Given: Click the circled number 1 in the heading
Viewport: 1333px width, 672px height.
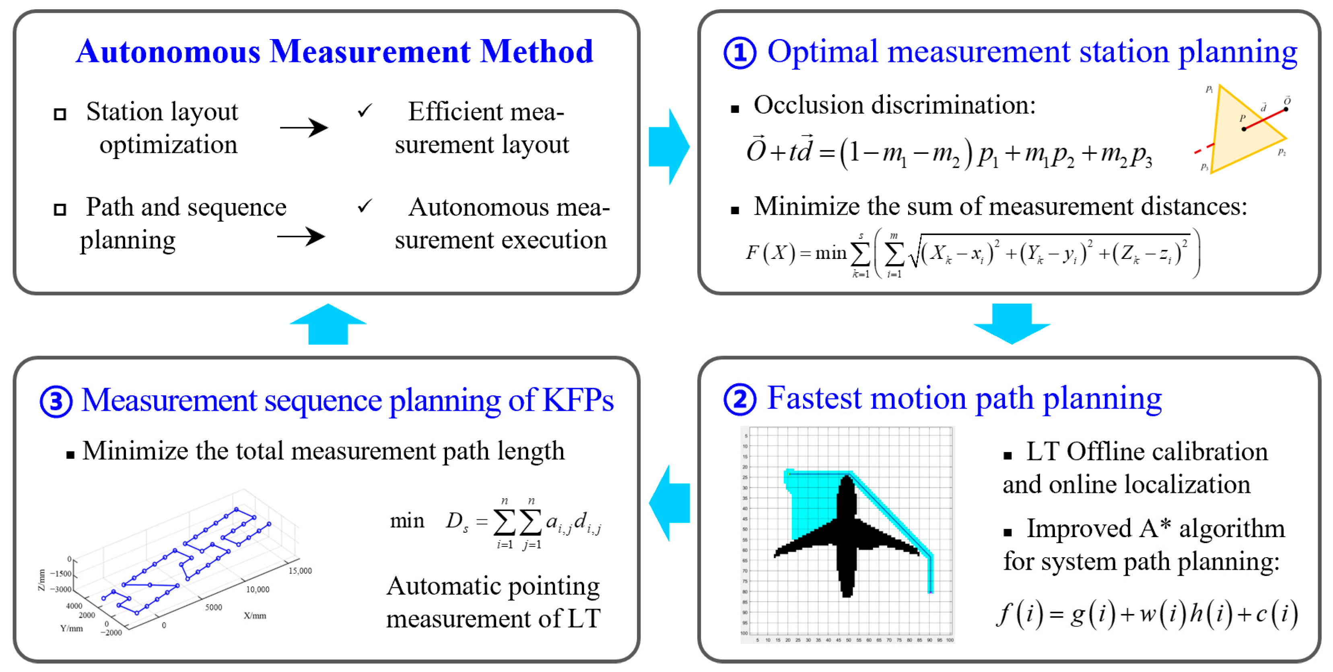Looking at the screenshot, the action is click(740, 53).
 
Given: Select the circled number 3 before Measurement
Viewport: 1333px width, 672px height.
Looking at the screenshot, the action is click(56, 401).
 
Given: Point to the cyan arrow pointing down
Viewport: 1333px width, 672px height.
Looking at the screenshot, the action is click(1011, 324).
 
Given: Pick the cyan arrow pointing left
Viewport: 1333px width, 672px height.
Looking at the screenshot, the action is click(669, 502).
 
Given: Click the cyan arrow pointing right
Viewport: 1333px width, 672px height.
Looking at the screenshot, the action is click(669, 147).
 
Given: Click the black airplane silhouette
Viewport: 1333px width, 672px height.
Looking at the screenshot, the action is click(847, 538).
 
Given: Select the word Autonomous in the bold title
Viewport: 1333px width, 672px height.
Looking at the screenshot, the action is click(168, 52).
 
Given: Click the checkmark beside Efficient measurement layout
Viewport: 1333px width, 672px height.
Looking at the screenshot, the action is click(365, 110).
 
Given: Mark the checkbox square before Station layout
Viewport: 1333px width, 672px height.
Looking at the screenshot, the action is click(60, 114).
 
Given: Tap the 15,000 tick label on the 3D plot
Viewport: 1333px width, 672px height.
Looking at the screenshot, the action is click(300, 571).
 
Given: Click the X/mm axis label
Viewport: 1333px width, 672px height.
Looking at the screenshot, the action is click(255, 615).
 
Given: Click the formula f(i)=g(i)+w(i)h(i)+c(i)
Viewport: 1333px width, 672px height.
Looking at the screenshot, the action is click(1147, 614).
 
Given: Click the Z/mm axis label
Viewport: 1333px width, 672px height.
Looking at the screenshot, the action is click(42, 580).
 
